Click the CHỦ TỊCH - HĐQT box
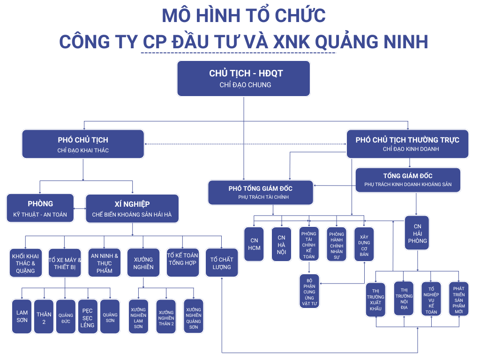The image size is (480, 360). point(243,78)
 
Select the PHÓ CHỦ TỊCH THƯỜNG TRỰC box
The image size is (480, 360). point(407,143)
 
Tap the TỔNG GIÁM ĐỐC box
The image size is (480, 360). point(408,180)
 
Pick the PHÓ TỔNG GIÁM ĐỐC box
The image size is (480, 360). point(261,192)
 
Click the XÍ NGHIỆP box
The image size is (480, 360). point(132,209)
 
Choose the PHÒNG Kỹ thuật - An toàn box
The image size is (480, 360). point(40,209)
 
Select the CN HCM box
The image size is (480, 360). point(254,244)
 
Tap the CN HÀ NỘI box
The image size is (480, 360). point(281,244)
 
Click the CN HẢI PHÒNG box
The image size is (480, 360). point(417,233)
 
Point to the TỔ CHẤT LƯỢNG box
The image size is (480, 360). point(221,263)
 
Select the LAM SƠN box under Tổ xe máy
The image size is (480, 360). point(22,316)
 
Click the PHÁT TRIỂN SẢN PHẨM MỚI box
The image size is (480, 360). point(458,299)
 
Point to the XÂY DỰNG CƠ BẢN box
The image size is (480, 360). point(364,244)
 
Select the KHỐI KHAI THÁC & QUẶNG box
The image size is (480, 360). point(25,263)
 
